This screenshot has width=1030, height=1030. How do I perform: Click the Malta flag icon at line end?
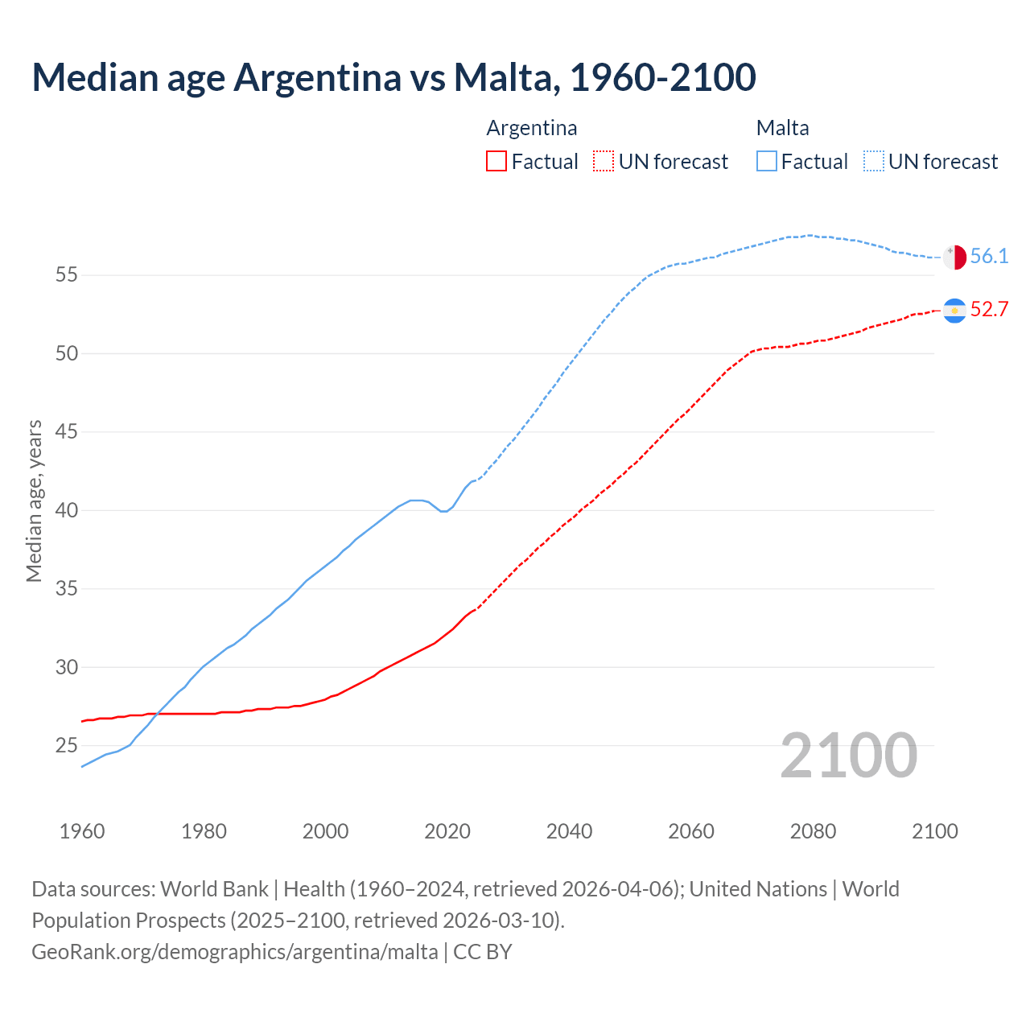pyautogui.click(x=954, y=257)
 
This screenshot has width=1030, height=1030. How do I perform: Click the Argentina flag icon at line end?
pyautogui.click(x=954, y=311)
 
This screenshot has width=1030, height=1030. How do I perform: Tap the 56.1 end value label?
pyautogui.click(x=989, y=257)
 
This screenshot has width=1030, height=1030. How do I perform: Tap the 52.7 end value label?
pyautogui.click(x=989, y=310)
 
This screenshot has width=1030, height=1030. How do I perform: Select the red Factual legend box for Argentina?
pyautogui.click(x=496, y=162)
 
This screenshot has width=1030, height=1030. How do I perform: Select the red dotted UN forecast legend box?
pyautogui.click(x=604, y=162)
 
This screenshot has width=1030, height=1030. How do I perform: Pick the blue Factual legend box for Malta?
pyautogui.click(x=767, y=162)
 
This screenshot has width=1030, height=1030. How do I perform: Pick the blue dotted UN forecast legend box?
pyautogui.click(x=874, y=162)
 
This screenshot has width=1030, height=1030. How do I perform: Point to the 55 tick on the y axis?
pyautogui.click(x=66, y=275)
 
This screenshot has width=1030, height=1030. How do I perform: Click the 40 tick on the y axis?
pyautogui.click(x=66, y=511)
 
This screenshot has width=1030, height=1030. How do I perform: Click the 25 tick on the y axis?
pyautogui.click(x=66, y=746)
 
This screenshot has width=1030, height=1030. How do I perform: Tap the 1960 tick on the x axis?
pyautogui.click(x=82, y=831)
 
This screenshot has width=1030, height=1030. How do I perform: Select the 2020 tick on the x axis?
pyautogui.click(x=447, y=831)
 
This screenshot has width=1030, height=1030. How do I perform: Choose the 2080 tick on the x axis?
pyautogui.click(x=813, y=831)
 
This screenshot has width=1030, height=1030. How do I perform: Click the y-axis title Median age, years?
pyautogui.click(x=34, y=501)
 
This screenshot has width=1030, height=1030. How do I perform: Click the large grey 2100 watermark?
pyautogui.click(x=848, y=756)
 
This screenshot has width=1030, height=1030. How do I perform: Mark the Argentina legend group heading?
pyautogui.click(x=532, y=128)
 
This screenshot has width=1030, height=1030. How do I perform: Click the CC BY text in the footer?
pyautogui.click(x=483, y=952)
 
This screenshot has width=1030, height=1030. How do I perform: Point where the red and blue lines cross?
pyautogui.click(x=154, y=714)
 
